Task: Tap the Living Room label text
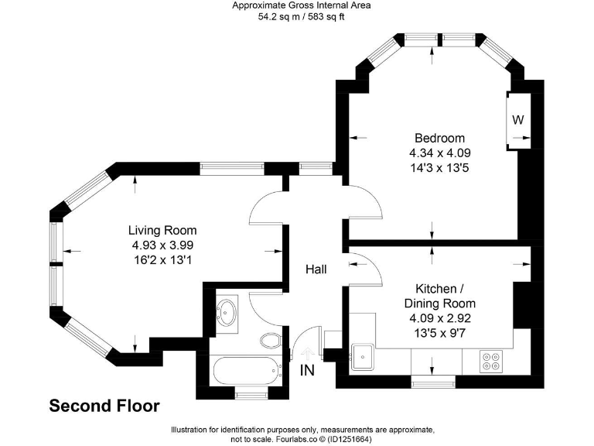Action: [x=162, y=230]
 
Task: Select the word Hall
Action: [x=316, y=269]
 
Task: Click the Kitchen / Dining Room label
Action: [x=440, y=296]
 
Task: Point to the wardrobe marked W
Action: [x=518, y=120]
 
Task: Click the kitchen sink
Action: [x=362, y=357]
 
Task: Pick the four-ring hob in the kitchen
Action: [x=490, y=360]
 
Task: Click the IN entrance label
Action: [x=308, y=370]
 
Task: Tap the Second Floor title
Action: [x=104, y=406]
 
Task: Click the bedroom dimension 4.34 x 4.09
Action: [x=440, y=153]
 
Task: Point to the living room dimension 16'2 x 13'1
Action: [x=162, y=259]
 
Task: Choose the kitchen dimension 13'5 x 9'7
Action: [x=440, y=332]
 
